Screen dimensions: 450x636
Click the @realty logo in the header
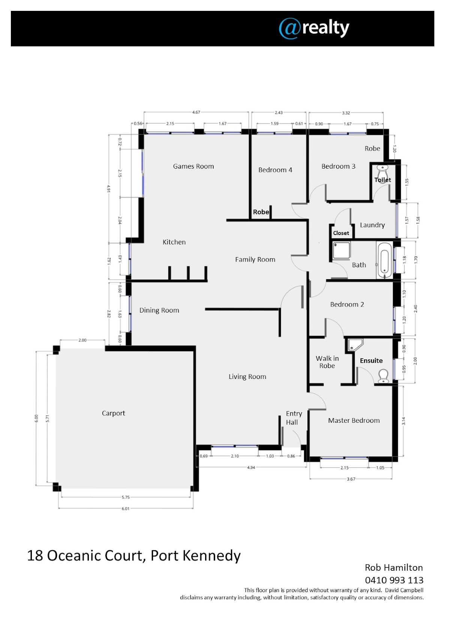click(314, 28)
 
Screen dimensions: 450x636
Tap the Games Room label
click(193, 166)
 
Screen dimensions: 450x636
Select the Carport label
click(113, 413)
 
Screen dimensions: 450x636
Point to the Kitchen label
click(174, 242)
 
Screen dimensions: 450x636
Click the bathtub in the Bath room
click(384, 260)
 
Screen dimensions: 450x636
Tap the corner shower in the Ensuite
click(355, 344)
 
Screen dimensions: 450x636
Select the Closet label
click(341, 233)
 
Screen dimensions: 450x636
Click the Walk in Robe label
click(327, 362)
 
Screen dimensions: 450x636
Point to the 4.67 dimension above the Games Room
click(196, 112)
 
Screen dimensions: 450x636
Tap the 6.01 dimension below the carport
click(126, 509)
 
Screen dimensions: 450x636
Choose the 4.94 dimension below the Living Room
click(251, 467)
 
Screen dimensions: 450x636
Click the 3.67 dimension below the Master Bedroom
click(351, 479)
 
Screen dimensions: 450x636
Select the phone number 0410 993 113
click(394, 580)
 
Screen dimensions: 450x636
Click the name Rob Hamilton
click(394, 567)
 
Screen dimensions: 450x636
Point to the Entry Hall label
click(294, 418)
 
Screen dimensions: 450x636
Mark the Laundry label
click(372, 225)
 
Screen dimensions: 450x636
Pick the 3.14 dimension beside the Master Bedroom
click(404, 421)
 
